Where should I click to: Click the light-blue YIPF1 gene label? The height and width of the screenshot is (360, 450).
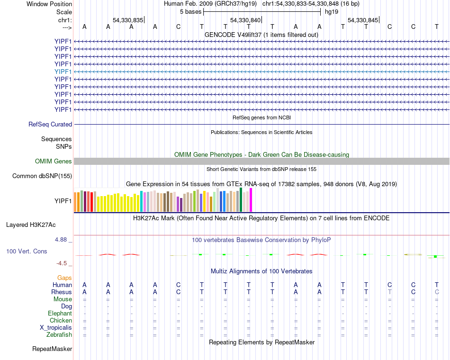(63, 72)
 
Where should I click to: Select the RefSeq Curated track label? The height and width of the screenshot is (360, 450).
(50, 125)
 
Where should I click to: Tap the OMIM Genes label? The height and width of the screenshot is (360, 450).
(54, 162)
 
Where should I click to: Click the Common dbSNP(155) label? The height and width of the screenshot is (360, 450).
(42, 176)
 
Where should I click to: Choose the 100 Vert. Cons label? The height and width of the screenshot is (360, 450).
(27, 251)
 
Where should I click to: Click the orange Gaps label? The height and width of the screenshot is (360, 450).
(64, 278)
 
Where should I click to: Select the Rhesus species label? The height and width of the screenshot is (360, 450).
(62, 292)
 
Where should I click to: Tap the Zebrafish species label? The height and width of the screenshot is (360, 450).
(60, 335)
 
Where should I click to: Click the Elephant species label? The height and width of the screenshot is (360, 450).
(60, 314)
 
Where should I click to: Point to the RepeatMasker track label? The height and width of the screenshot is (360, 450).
(52, 349)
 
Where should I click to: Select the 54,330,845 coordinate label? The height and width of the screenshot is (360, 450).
(363, 20)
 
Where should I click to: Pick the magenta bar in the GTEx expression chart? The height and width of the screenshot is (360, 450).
(251, 200)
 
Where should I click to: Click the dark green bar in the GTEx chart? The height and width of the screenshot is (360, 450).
(241, 199)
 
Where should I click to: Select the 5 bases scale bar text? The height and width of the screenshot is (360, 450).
(190, 11)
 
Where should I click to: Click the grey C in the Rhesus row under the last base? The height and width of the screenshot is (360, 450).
(437, 292)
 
